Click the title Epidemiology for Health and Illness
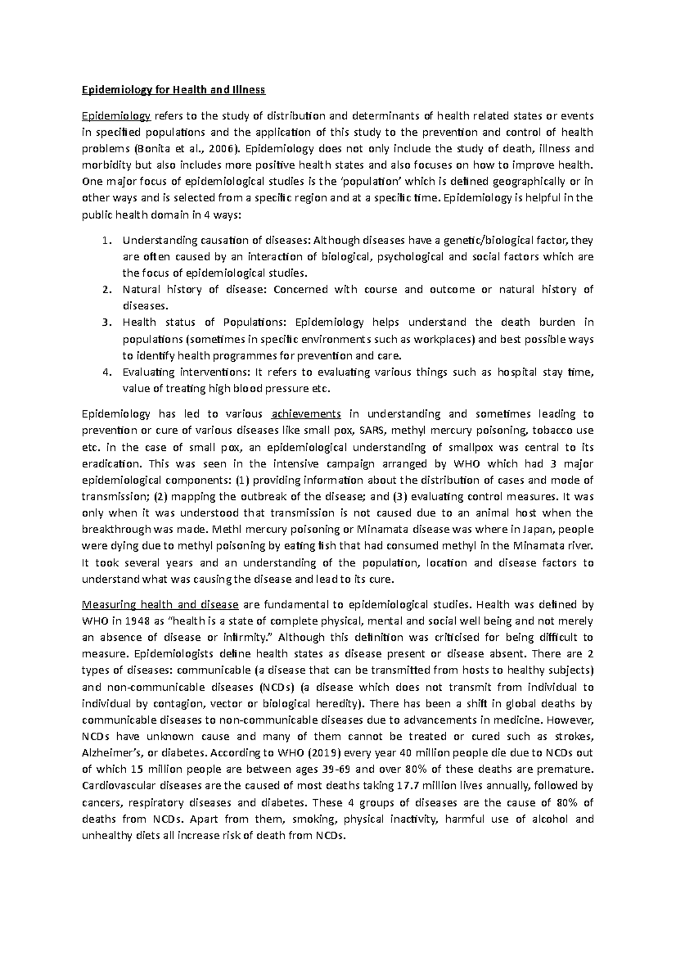173,90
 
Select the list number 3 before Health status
106,323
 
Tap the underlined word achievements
306,414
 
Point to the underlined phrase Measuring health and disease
161,605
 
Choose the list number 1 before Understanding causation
106,241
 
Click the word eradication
105,464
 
